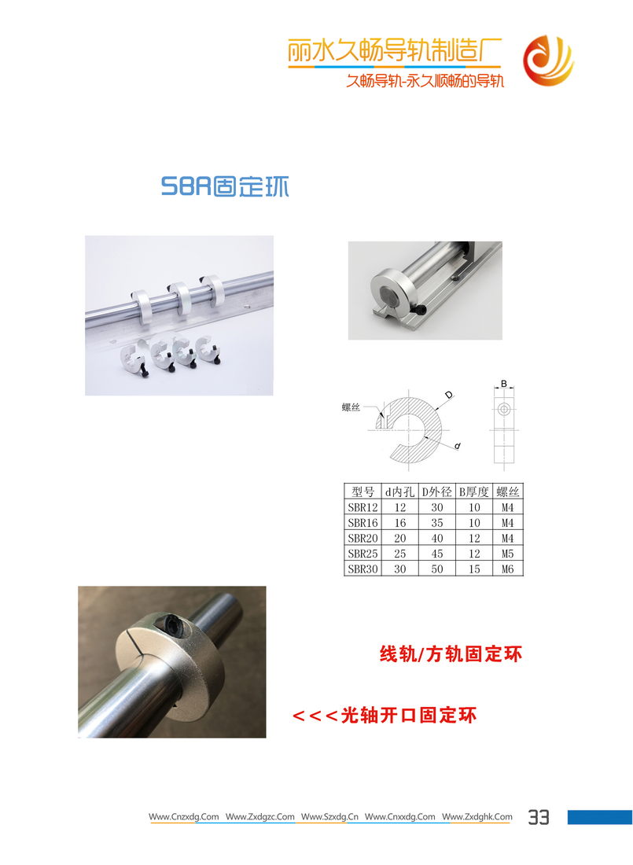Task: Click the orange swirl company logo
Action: pyautogui.click(x=549, y=61)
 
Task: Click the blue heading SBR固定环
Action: pyautogui.click(x=225, y=186)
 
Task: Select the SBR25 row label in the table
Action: pyautogui.click(x=363, y=554)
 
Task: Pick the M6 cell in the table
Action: pyautogui.click(x=507, y=569)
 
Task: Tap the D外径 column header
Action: pyautogui.click(x=436, y=491)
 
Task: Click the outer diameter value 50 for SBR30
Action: pyautogui.click(x=436, y=569)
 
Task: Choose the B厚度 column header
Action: pyautogui.click(x=474, y=491)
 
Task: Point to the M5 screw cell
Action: pyautogui.click(x=507, y=554)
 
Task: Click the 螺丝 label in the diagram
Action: pyautogui.click(x=351, y=407)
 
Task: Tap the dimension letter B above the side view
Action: pyautogui.click(x=504, y=384)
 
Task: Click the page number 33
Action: pyautogui.click(x=539, y=817)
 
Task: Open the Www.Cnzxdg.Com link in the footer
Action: pyautogui.click(x=183, y=816)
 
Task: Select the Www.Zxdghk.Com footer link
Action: pyautogui.click(x=477, y=816)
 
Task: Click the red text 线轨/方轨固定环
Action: pyautogui.click(x=451, y=653)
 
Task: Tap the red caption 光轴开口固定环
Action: pyautogui.click(x=408, y=715)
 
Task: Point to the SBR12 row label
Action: pyautogui.click(x=363, y=507)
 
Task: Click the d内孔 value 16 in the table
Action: pyautogui.click(x=399, y=522)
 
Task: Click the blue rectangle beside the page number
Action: pyautogui.click(x=600, y=817)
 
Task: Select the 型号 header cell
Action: pyautogui.click(x=363, y=491)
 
